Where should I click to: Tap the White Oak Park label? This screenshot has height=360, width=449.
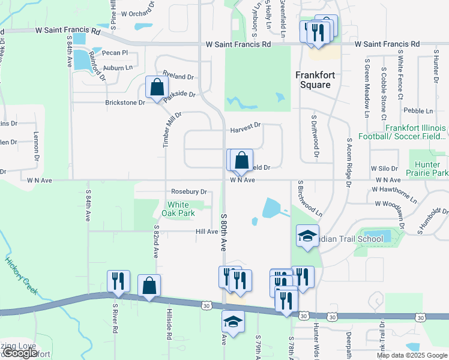coord(178,209)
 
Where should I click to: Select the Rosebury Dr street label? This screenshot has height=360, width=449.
coord(188,192)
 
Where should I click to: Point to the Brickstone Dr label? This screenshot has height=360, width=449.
coord(125,103)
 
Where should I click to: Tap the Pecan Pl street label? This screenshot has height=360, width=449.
coord(115,53)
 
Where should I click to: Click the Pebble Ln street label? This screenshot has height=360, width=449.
coord(418,111)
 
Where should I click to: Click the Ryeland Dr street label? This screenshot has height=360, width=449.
coord(178,77)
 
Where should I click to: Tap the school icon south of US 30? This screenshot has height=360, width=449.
coord(233,322)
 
